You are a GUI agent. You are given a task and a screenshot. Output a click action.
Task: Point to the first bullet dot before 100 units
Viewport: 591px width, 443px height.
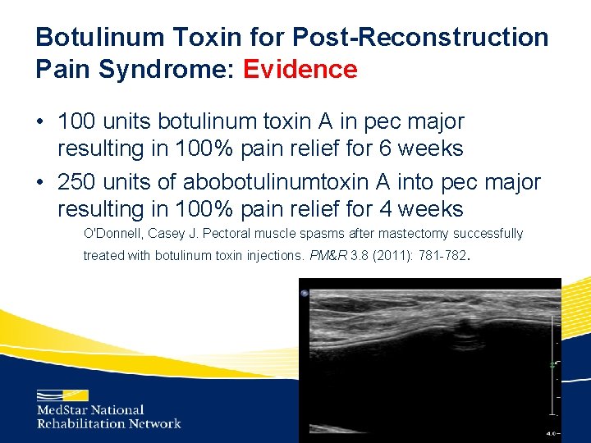(40, 122)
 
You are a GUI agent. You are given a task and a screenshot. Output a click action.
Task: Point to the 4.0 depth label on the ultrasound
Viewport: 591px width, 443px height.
(553, 432)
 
